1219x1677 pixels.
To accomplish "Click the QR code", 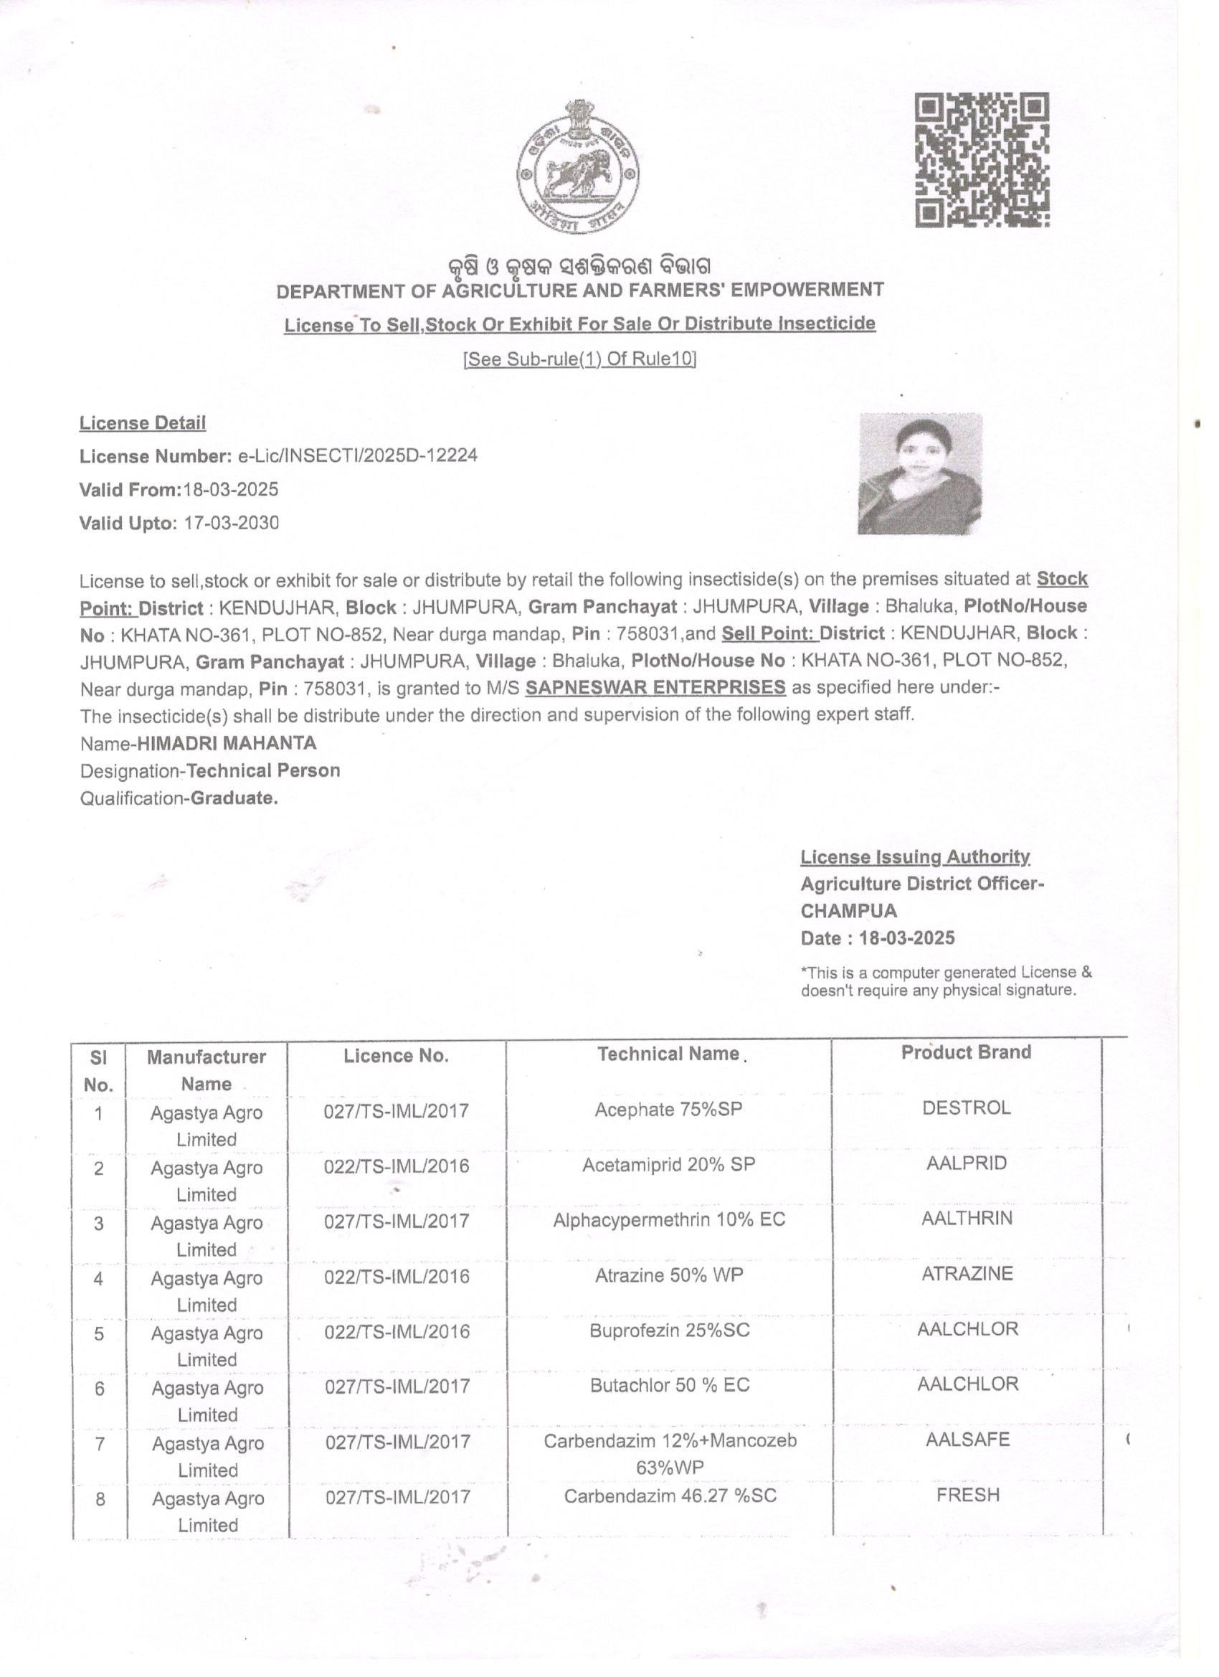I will pos(982,160).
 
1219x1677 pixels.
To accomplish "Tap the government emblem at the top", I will pos(578,167).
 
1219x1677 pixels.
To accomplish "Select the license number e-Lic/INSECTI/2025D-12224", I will pos(357,455).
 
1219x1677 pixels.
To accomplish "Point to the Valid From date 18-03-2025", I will pos(231,488).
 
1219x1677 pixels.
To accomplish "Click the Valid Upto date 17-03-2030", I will pos(232,523).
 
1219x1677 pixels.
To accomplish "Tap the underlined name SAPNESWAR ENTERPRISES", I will pos(655,687).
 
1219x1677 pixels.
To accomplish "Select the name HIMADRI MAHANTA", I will pos(227,742).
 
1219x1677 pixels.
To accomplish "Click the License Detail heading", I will pos(143,423).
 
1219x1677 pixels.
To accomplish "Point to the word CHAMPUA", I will pos(849,910).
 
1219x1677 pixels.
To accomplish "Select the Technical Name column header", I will pos(668,1054).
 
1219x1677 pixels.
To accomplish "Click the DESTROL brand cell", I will pos(965,1107).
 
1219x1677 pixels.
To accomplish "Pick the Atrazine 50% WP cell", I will pos(668,1275).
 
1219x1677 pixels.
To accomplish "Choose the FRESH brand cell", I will pos(967,1494).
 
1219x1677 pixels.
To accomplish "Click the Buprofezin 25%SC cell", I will pos(669,1331).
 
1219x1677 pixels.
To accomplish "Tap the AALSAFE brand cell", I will pos(967,1439).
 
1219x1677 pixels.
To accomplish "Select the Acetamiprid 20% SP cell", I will pos(668,1165).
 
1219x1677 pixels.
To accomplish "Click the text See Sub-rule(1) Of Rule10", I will pos(579,359).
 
